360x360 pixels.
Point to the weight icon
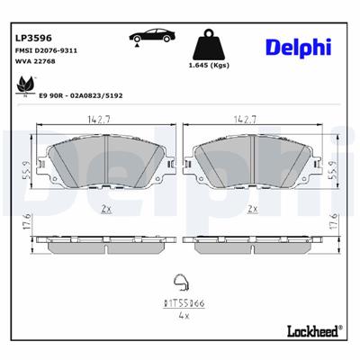pyautogui.click(x=210, y=45)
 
